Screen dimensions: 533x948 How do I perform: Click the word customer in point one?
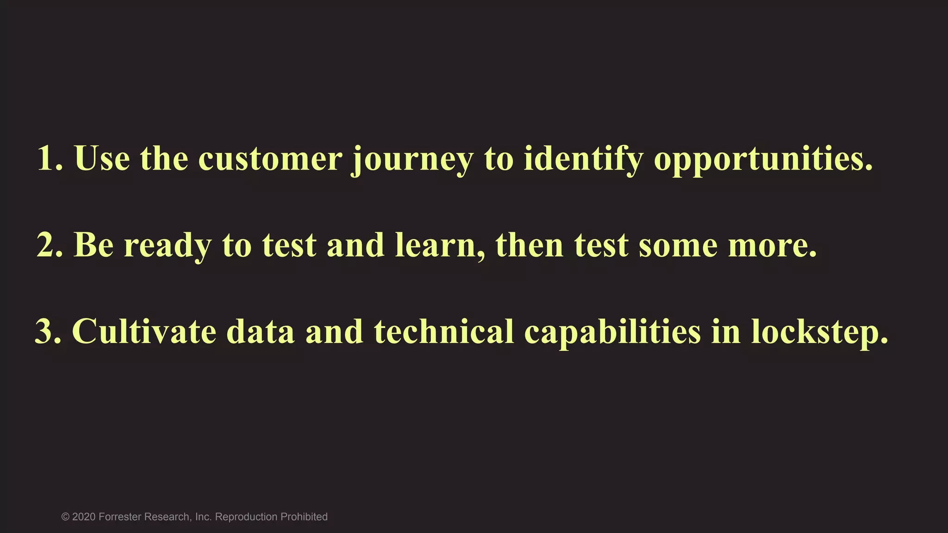270,159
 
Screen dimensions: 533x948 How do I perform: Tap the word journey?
412,160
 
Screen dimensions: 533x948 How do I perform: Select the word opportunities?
762,160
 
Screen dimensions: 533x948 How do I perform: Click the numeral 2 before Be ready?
47,245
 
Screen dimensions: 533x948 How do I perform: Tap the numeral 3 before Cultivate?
45,332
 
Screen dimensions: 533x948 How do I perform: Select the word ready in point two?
168,246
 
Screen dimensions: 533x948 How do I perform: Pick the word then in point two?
530,245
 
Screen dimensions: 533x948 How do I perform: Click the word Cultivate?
144,332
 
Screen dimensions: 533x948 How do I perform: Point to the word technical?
444,332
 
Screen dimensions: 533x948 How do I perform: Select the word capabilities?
612,333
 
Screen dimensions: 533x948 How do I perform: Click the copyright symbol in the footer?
65,517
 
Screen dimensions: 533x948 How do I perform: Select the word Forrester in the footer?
120,517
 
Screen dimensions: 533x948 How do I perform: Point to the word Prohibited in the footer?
304,517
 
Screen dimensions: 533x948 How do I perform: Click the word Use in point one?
102,159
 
